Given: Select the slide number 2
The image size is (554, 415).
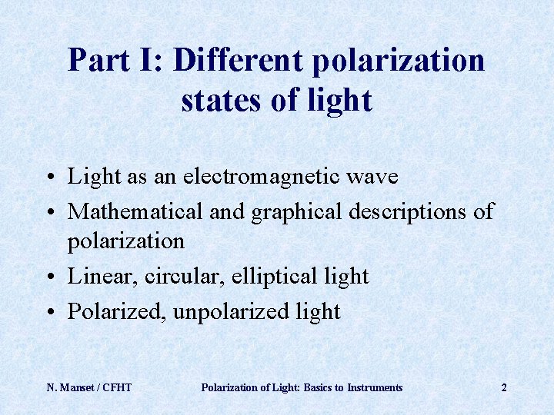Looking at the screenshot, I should tap(504, 387).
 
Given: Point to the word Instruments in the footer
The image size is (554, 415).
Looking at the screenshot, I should tap(375, 387).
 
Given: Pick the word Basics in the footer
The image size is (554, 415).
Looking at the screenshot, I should tap(311, 387).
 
